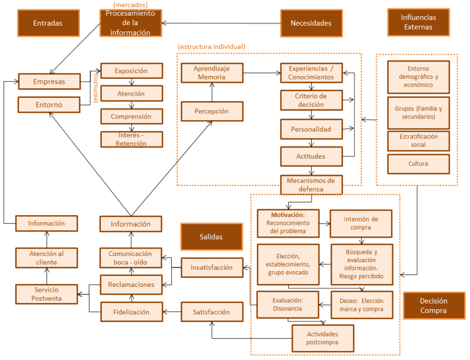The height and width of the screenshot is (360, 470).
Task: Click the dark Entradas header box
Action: click(x=48, y=23)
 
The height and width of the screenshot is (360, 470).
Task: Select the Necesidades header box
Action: click(x=311, y=23)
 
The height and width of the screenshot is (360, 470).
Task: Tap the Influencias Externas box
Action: click(x=419, y=22)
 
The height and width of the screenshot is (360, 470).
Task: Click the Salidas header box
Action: click(x=211, y=237)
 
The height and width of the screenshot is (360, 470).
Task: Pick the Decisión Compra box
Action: click(x=434, y=305)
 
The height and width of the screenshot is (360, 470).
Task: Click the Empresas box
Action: click(x=49, y=82)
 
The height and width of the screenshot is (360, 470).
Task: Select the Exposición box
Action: click(x=131, y=71)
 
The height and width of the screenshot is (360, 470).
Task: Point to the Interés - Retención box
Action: click(x=131, y=140)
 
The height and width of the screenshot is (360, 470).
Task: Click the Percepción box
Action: click(x=211, y=111)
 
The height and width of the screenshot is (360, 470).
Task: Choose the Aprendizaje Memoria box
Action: click(x=211, y=73)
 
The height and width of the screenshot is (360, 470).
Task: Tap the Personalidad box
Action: click(x=311, y=129)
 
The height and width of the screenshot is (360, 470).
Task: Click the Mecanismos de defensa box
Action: click(x=311, y=184)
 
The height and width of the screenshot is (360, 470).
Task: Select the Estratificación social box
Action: click(x=419, y=141)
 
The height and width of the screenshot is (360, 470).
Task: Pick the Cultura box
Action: click(x=419, y=164)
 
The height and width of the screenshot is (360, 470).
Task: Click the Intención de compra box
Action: click(x=360, y=223)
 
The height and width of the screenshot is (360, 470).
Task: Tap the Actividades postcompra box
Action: click(x=322, y=338)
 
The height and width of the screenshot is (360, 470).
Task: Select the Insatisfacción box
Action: click(x=211, y=267)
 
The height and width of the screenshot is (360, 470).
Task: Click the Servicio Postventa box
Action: click(x=46, y=294)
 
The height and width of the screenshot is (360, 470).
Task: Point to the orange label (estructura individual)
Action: click(x=211, y=46)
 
